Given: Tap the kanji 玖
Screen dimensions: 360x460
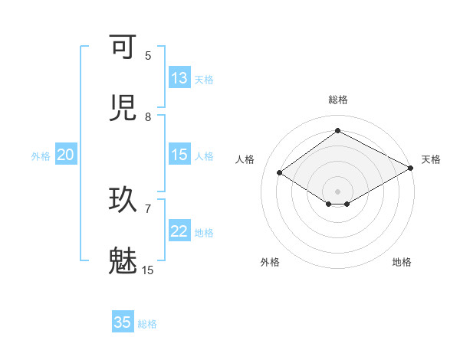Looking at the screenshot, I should click(x=123, y=200).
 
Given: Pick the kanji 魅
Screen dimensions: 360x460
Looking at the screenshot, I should click(x=123, y=260).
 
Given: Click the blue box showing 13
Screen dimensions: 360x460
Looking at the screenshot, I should click(x=179, y=78).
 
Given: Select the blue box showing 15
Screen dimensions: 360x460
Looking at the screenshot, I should click(x=179, y=155).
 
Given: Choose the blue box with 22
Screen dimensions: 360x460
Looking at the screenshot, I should click(x=179, y=231).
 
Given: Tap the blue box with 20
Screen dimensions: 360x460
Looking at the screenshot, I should click(x=65, y=155).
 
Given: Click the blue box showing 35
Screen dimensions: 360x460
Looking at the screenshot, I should click(x=123, y=322).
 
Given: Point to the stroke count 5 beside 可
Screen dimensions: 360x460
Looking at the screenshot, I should click(x=148, y=55).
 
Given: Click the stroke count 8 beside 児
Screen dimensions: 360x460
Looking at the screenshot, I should click(x=148, y=117).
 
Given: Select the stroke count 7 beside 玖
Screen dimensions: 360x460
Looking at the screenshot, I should click(x=148, y=208).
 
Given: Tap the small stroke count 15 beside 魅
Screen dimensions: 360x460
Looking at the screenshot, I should click(x=148, y=270).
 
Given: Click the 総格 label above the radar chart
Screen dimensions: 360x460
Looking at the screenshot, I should click(x=338, y=100).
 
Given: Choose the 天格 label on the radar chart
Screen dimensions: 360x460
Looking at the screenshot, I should click(x=431, y=159).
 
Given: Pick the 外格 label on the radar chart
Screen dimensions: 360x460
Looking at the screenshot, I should click(x=270, y=263).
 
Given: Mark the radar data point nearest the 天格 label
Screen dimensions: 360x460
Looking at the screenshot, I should click(x=412, y=168).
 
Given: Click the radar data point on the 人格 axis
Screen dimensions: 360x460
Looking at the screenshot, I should click(x=280, y=173).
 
